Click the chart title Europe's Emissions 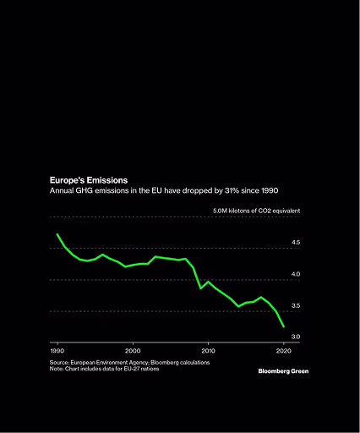click(89, 180)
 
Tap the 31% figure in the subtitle click(232, 190)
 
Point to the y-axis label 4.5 click(296, 242)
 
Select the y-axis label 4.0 click(296, 274)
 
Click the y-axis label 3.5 click(296, 305)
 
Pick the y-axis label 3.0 click(296, 337)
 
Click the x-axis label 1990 click(57, 351)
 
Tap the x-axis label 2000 click(133, 351)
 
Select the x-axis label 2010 click(208, 351)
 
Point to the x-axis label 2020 click(284, 351)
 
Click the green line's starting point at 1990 click(57, 234)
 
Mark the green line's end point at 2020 click(284, 326)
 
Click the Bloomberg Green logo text click(283, 371)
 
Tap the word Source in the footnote click(59, 363)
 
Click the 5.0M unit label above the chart click(220, 211)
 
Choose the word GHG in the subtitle click(84, 190)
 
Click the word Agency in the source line click(139, 363)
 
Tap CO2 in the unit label click(265, 211)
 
